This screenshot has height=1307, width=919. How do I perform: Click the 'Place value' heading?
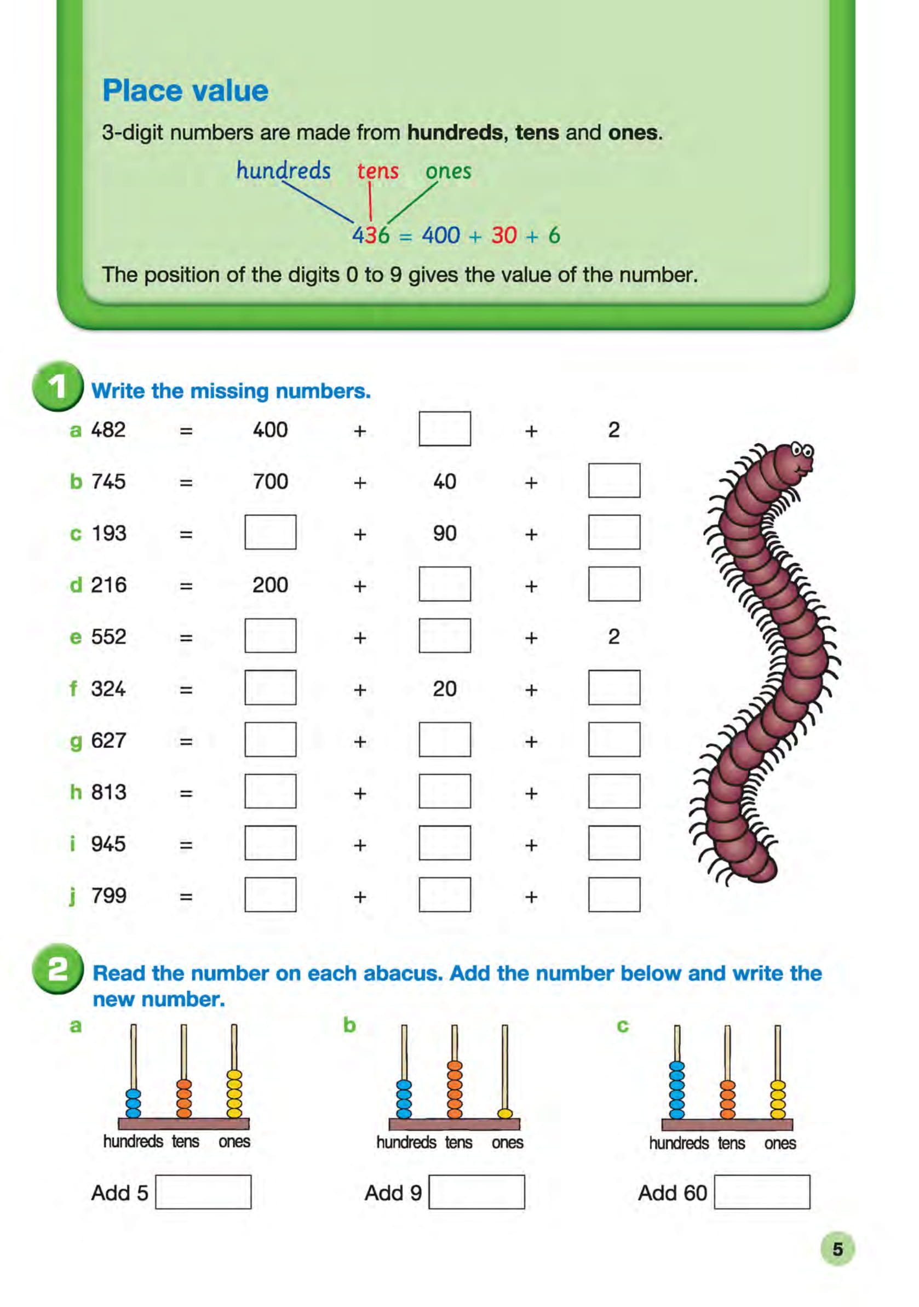pos(185,91)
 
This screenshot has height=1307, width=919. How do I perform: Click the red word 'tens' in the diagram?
pos(377,171)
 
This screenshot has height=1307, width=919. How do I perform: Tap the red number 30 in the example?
pos(504,235)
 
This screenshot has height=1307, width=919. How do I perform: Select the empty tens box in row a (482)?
pos(444,429)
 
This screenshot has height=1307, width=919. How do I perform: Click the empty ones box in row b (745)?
pos(613,480)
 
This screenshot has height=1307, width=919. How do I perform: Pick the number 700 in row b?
pos(271,481)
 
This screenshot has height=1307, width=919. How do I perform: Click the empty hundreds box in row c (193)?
pos(271,532)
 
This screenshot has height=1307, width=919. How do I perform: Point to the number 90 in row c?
pos(444,534)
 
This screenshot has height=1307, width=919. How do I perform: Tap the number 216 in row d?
pos(108,585)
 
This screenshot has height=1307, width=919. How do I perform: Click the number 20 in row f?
pos(444,689)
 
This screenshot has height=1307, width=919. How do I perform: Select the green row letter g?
pos(76,741)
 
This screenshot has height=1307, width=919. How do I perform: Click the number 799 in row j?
pos(108,896)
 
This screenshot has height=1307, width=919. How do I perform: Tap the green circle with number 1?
pos(58,387)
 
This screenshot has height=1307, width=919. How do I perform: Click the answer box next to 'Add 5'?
pos(203,1191)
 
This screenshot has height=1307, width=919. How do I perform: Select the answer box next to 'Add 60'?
pos(761,1191)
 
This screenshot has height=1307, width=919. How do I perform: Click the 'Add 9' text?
pos(393,1193)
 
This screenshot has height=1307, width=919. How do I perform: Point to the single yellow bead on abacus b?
pos(504,1114)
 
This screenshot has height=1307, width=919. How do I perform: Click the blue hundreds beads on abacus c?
pos(676,1090)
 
